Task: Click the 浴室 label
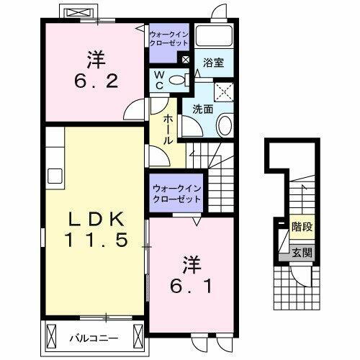click(213, 63)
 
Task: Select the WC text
click(160, 79)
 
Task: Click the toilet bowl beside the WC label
click(181, 80)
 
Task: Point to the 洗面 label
click(202, 109)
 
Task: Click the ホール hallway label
click(168, 130)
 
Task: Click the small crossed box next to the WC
click(186, 59)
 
